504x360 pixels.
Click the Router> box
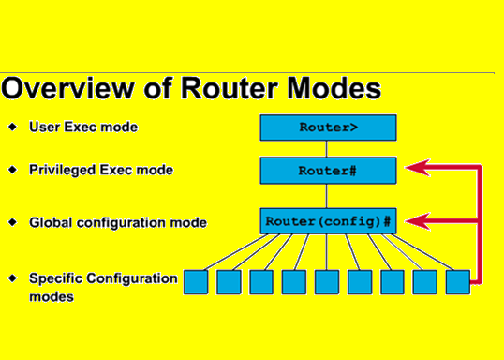point(328,127)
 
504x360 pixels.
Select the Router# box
point(328,171)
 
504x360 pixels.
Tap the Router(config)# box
point(328,222)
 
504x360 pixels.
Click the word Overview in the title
point(72,89)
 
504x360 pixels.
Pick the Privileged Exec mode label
point(100,171)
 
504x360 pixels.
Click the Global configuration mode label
point(118,223)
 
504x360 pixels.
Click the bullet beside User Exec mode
point(12,126)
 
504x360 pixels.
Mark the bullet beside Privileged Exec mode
point(12,171)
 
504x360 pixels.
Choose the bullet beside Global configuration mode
point(12,223)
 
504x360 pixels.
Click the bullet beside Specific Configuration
point(12,278)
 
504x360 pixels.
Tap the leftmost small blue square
point(194,281)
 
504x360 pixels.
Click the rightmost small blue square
point(456,281)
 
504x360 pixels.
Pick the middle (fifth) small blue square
point(325,281)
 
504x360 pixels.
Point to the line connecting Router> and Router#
point(327,148)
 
